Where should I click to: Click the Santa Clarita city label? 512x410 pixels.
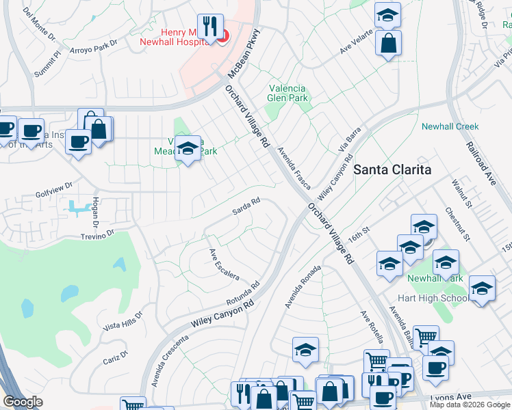[x=392, y=169]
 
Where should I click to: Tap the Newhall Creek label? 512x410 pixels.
[x=450, y=126]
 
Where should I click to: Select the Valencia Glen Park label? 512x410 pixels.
[x=287, y=92]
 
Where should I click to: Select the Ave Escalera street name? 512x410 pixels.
[x=224, y=264]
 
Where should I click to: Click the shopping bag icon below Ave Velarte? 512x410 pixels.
[x=388, y=43]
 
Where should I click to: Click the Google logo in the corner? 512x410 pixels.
[x=23, y=402]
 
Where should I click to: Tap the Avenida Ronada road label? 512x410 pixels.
[x=303, y=286]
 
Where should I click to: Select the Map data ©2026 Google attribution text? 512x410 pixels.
[x=469, y=405]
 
